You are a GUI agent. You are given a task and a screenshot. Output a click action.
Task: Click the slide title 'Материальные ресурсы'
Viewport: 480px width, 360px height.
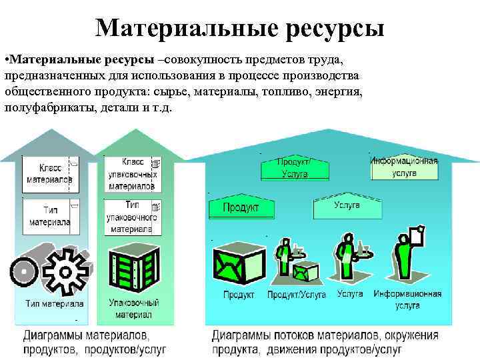240,27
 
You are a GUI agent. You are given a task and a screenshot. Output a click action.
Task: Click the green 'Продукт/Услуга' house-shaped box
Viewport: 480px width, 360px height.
294,167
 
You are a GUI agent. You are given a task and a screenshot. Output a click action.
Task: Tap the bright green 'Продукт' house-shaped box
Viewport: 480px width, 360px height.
242,207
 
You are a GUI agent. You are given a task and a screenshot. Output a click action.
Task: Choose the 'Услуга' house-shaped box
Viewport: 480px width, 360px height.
347,207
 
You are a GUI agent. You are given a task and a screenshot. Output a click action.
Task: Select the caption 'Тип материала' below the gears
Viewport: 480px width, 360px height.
55,304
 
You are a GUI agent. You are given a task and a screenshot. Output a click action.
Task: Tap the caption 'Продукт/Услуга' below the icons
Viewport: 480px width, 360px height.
297,294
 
